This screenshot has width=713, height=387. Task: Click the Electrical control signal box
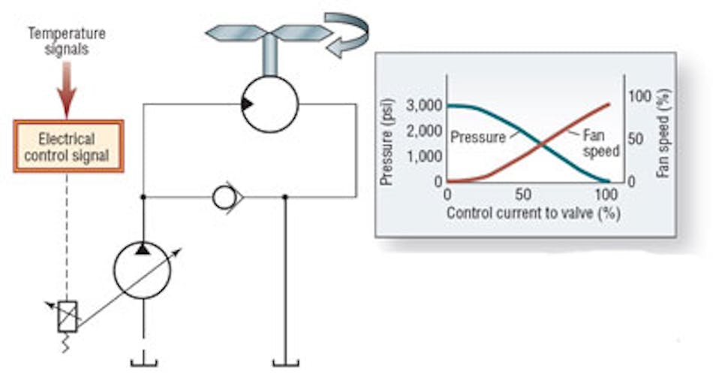pyautogui.click(x=67, y=147)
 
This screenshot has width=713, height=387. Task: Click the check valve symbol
pyautogui.click(x=227, y=198)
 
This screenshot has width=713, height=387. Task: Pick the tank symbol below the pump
pyautogui.click(x=143, y=363)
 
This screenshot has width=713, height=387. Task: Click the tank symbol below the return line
pyautogui.click(x=285, y=363)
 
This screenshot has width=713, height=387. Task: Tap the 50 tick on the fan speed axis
pyautogui.click(x=635, y=140)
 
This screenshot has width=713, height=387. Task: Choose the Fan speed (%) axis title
pyautogui.click(x=663, y=133)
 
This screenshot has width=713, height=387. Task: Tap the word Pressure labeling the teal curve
pyautogui.click(x=477, y=138)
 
